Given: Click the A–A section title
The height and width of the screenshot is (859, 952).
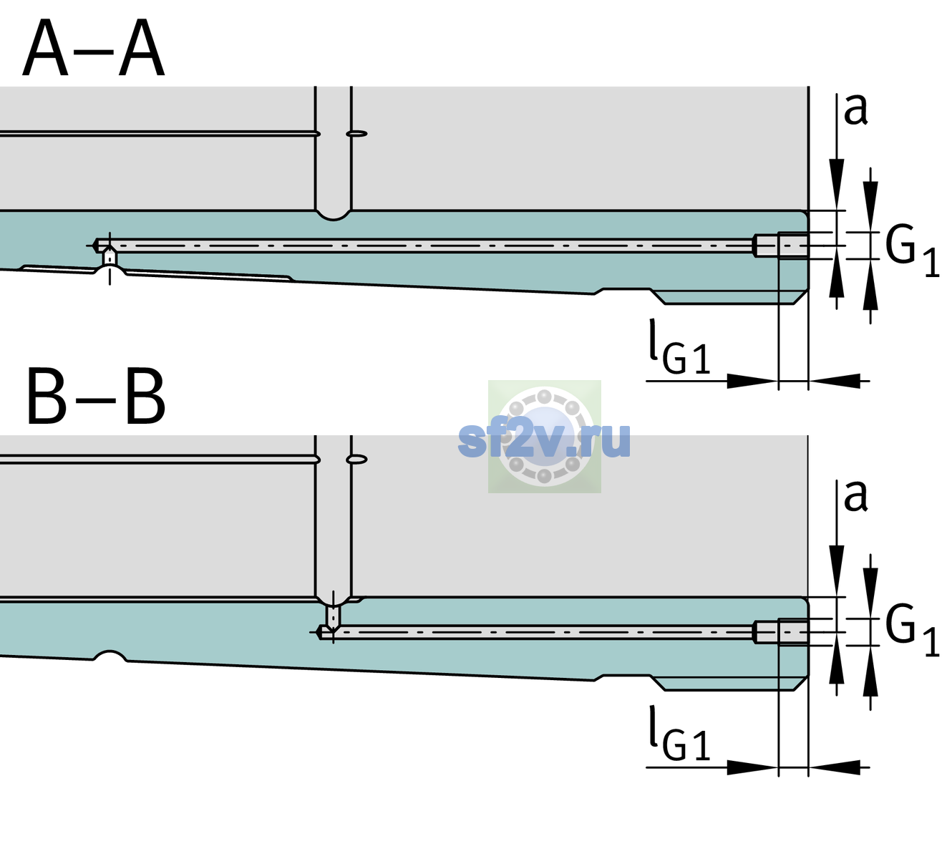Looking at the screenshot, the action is click(x=94, y=48).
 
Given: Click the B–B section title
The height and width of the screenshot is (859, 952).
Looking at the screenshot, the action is click(x=97, y=397).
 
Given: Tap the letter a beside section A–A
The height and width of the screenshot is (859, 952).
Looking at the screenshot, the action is click(x=855, y=110).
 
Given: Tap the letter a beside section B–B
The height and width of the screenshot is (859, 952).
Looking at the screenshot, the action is click(x=855, y=496).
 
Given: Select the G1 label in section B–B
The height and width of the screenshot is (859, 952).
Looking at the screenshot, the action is click(x=912, y=631).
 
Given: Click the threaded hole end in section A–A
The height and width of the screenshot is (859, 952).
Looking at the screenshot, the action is click(x=782, y=246).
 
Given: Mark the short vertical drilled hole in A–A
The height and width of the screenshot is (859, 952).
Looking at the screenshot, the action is click(x=110, y=258).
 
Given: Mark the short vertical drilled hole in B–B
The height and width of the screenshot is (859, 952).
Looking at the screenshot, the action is click(x=333, y=616).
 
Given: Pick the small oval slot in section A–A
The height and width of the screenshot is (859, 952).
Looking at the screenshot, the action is click(x=356, y=134).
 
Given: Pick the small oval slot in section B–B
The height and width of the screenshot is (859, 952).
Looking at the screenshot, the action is click(x=356, y=460).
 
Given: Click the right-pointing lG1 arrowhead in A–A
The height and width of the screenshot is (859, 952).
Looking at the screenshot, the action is click(x=753, y=381).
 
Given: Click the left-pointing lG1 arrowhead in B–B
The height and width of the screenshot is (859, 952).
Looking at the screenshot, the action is click(x=835, y=767).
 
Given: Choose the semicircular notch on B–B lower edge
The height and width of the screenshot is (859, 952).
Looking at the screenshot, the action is click(x=110, y=656).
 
